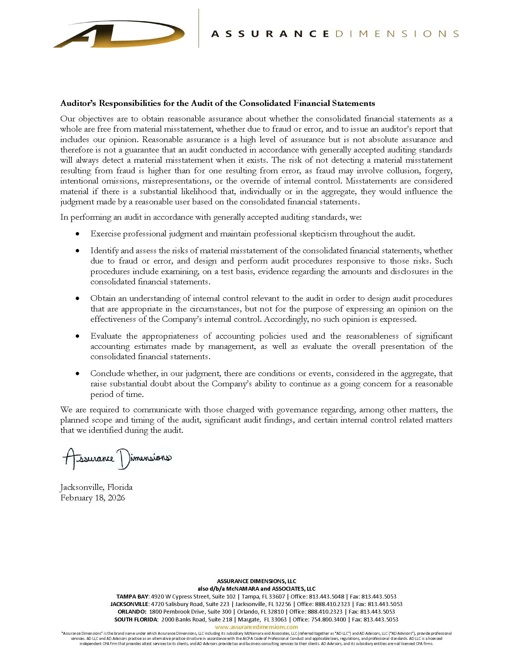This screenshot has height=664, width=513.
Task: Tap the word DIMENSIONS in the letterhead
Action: [x=397, y=34]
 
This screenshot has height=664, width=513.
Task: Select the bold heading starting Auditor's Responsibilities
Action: [x=217, y=103]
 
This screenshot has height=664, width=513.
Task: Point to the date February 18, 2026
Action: [x=92, y=498]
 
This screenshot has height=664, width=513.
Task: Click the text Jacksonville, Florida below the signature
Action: [x=96, y=487]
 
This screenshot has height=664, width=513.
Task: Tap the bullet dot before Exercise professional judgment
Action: [x=78, y=234]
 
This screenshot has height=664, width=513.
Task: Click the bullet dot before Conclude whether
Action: [x=78, y=373]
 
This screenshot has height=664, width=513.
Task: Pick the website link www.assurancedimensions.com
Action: [x=256, y=627]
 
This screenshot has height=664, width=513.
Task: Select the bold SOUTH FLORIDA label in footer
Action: [x=135, y=619]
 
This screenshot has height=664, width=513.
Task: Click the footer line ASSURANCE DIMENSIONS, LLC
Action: [x=256, y=581]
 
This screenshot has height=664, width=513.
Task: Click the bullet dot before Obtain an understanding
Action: [x=78, y=298]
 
